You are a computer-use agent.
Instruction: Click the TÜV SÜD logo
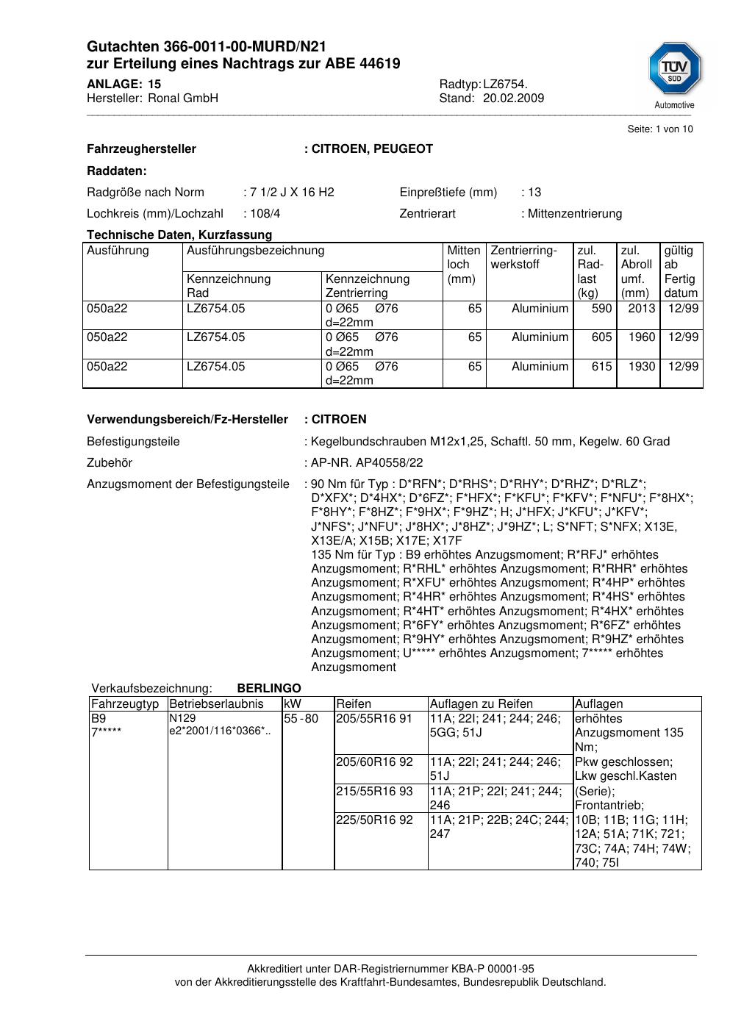(674, 71)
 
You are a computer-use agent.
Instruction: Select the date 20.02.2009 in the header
(513, 98)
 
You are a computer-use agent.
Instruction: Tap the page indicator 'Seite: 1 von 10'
(659, 129)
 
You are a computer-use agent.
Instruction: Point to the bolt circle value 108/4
(265, 214)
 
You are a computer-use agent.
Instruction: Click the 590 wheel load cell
(601, 309)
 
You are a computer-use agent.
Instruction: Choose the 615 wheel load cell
(601, 367)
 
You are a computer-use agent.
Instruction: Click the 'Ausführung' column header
(118, 251)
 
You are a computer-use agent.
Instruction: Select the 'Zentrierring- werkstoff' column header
(523, 257)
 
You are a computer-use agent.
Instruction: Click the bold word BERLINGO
(269, 689)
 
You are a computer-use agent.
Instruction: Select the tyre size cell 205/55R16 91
(374, 719)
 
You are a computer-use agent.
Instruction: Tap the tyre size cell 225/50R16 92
(374, 820)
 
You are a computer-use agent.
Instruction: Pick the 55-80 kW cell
(301, 719)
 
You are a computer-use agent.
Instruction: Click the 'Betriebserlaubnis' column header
(216, 704)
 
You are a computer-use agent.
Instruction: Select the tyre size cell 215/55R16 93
(374, 792)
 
